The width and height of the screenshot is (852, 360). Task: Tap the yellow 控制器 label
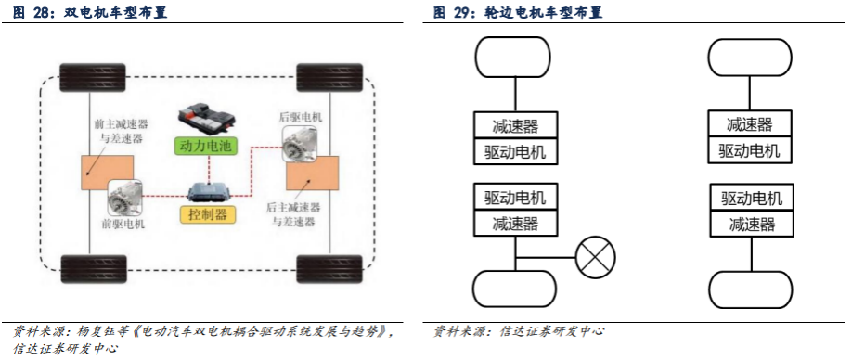(207, 215)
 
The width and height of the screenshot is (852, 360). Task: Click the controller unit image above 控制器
(207, 193)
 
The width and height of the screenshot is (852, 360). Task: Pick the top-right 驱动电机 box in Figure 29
(750, 150)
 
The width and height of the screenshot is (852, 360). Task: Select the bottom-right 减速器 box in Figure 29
(751, 223)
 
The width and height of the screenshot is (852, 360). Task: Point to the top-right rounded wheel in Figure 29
(750, 58)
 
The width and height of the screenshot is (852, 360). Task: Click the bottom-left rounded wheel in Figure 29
(516, 289)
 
